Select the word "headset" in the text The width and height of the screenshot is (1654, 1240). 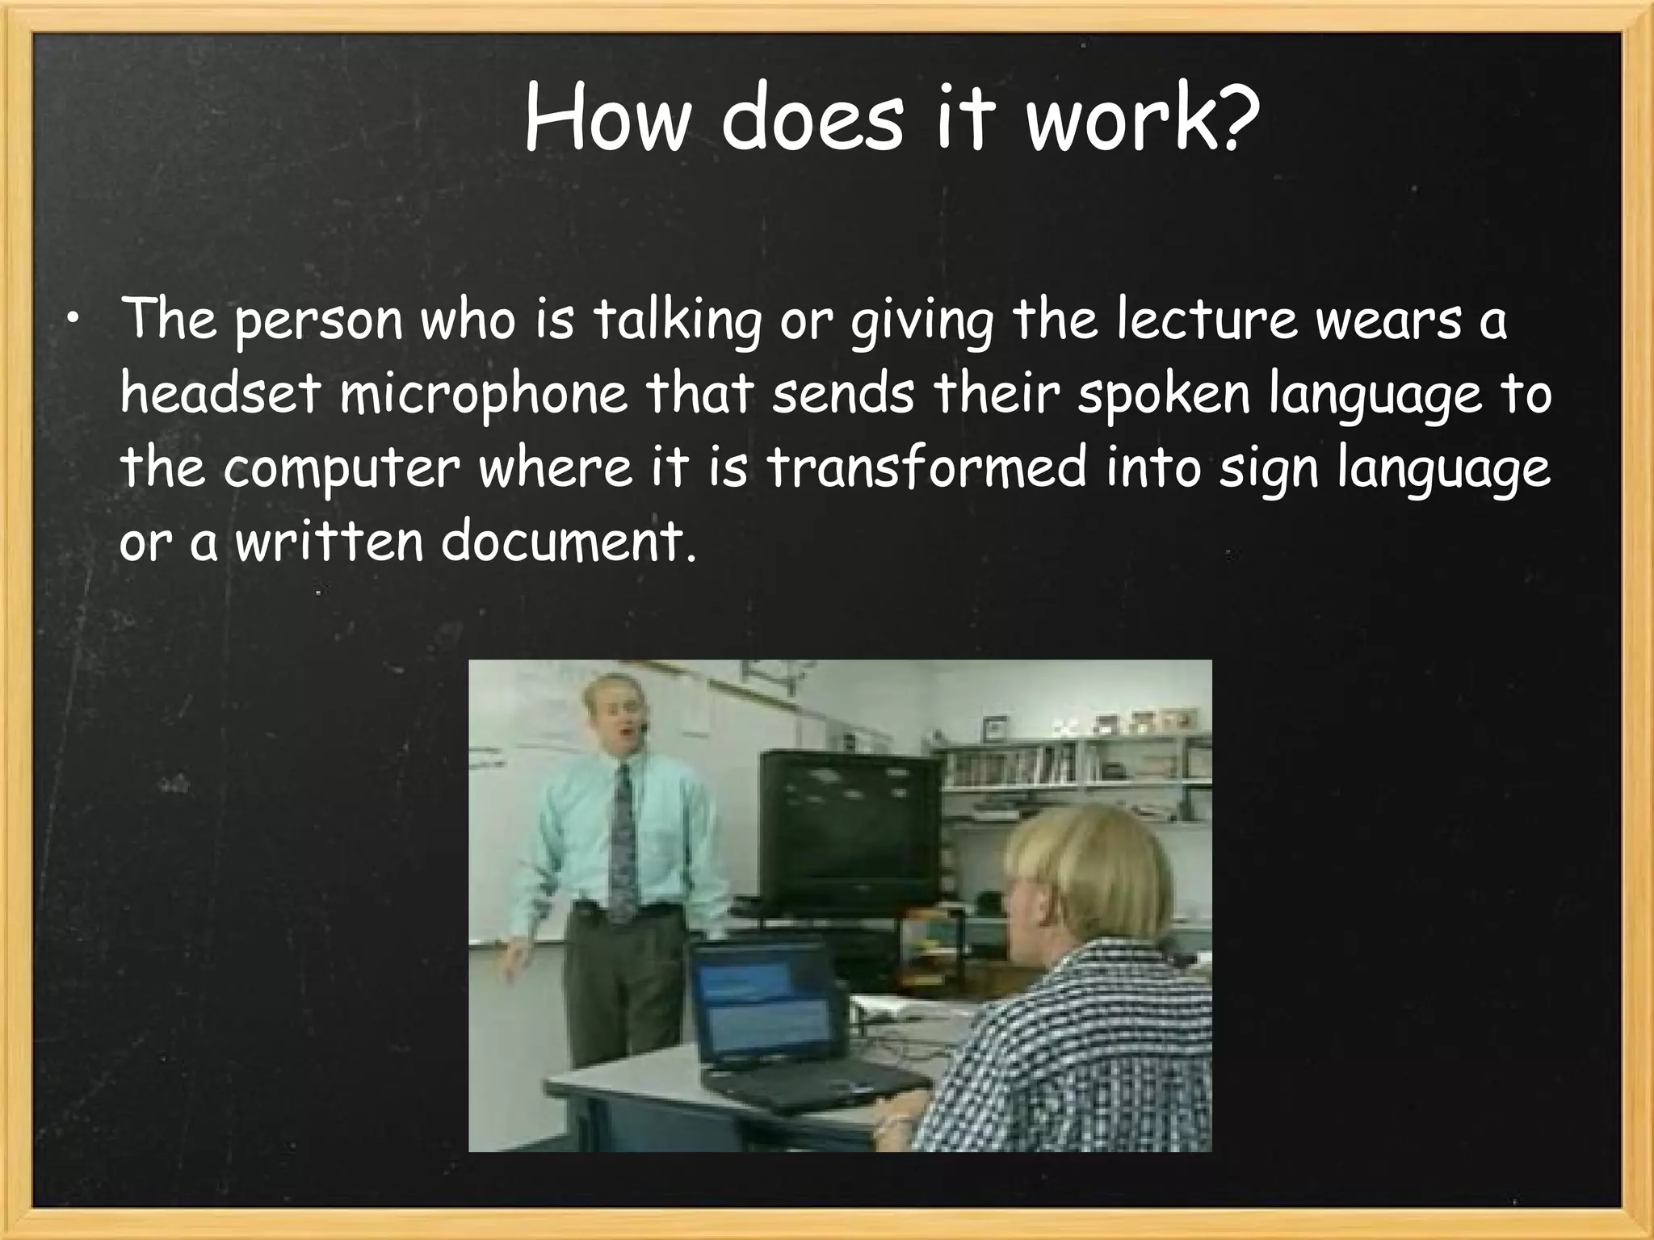click(220, 394)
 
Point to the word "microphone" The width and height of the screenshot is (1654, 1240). click(483, 396)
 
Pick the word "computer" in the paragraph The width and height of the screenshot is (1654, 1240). click(342, 469)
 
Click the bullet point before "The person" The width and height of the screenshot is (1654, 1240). click(73, 323)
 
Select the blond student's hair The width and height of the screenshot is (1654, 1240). click(1090, 872)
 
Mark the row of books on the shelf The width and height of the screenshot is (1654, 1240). click(1010, 767)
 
